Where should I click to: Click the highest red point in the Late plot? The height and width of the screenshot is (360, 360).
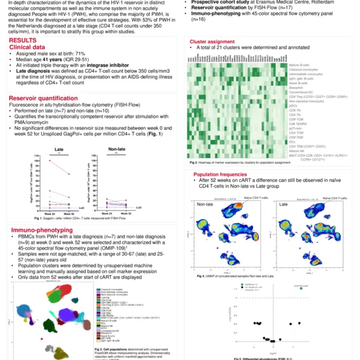tap(50, 160)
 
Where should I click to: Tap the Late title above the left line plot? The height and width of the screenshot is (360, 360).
tap(58, 149)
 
